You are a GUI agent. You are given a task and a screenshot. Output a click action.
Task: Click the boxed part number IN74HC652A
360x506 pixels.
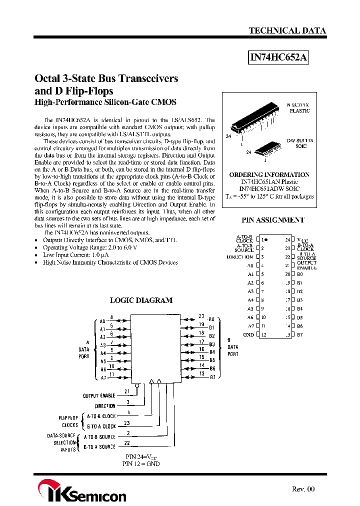[278, 58]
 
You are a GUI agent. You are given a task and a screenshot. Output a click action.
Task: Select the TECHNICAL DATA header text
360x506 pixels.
[287, 30]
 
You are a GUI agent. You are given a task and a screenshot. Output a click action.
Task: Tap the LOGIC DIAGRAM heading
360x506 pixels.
[141, 300]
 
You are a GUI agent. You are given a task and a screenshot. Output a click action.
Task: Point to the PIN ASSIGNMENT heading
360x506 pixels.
[272, 220]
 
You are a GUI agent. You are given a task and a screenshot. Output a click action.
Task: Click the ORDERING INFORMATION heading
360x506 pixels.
[269, 175]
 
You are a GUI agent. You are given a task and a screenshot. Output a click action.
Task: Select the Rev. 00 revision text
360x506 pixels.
[303, 489]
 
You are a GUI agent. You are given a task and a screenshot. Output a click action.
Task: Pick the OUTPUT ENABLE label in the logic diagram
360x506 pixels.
[99, 396]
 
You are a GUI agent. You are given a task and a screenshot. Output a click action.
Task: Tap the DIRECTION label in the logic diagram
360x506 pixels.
[105, 406]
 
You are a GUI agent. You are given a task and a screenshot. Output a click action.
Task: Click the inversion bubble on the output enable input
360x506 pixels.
[136, 385]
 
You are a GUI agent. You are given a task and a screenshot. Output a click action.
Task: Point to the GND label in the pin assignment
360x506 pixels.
[248, 334]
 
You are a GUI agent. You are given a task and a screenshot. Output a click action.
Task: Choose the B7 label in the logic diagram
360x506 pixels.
[212, 377]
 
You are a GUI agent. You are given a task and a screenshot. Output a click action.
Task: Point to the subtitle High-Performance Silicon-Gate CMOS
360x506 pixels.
[105, 102]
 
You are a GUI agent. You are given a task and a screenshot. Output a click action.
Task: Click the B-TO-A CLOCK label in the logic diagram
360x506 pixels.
[101, 426]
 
